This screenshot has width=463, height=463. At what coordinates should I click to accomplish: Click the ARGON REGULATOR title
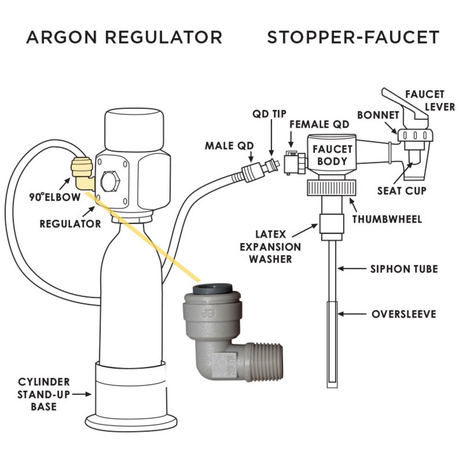(124, 37)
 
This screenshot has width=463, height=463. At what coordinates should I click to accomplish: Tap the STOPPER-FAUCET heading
(353, 37)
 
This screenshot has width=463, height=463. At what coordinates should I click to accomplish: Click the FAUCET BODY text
(332, 155)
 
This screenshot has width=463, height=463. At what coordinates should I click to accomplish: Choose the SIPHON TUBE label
(404, 269)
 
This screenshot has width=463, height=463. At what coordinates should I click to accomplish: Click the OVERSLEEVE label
(404, 314)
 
